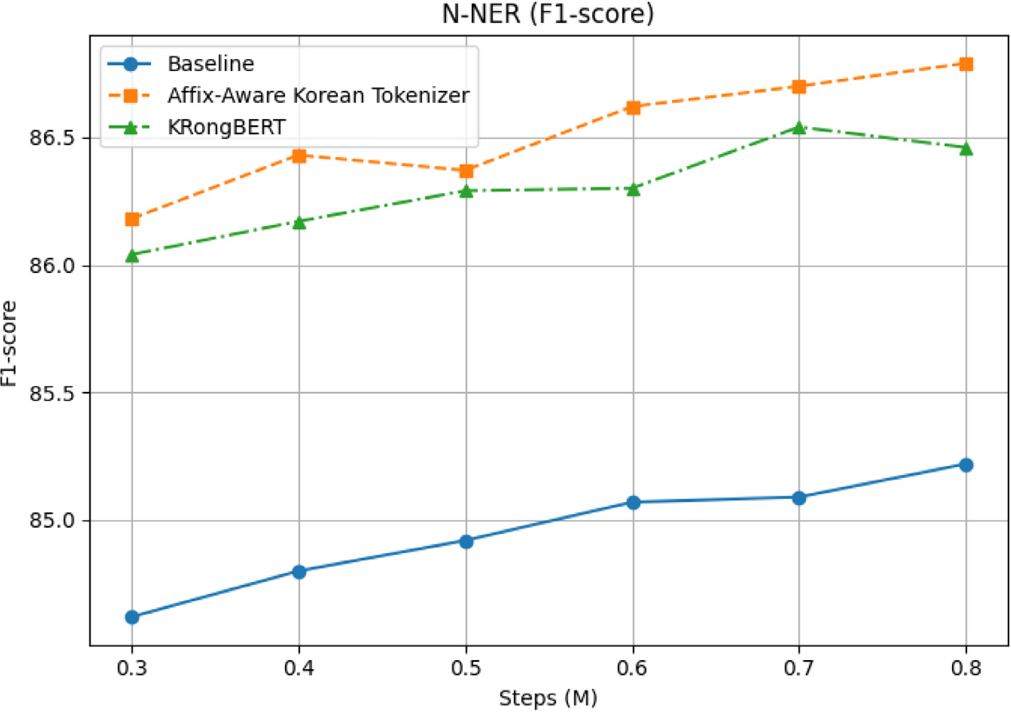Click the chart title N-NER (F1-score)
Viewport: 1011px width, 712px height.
coord(547,15)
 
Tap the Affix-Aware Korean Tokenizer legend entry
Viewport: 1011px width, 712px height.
coord(318,94)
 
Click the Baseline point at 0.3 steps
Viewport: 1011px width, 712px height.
coord(132,617)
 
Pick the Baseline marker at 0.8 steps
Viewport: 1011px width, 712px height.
coord(966,465)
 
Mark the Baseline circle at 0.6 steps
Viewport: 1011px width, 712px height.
coord(633,502)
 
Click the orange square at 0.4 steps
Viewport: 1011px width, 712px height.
coord(299,156)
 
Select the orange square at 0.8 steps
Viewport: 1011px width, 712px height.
coord(966,64)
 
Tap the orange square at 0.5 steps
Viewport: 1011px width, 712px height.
coord(466,171)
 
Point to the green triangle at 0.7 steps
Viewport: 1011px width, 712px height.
coord(800,127)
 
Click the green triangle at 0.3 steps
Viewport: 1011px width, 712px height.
coord(132,255)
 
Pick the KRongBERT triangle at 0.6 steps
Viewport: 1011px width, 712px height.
coord(633,188)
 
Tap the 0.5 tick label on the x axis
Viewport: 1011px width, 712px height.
coord(466,667)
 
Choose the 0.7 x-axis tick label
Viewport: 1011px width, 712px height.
coord(800,667)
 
